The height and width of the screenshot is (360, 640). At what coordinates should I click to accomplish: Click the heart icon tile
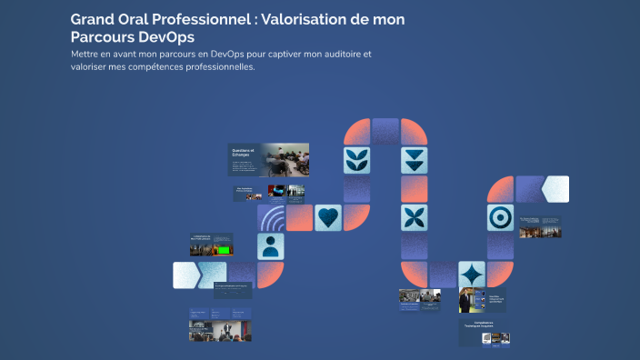pyautogui.click(x=328, y=217)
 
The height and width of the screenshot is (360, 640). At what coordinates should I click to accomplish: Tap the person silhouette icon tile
pyautogui.click(x=270, y=245)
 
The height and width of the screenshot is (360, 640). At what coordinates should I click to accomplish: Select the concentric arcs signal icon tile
pyautogui.click(x=272, y=218)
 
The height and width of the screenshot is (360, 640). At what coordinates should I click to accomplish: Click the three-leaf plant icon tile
pyautogui.click(x=356, y=160)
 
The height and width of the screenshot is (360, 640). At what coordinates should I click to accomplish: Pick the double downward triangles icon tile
pyautogui.click(x=414, y=160)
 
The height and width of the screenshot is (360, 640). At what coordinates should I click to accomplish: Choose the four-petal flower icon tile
pyautogui.click(x=414, y=217)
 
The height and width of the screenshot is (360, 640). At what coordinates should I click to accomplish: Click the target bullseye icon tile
pyautogui.click(x=499, y=217)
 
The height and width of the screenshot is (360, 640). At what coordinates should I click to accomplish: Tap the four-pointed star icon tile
pyautogui.click(x=471, y=274)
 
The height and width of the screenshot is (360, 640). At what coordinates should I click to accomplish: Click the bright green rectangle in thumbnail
pyautogui.click(x=222, y=248)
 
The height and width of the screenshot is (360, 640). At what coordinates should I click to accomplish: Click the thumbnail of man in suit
pyautogui.click(x=467, y=300)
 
